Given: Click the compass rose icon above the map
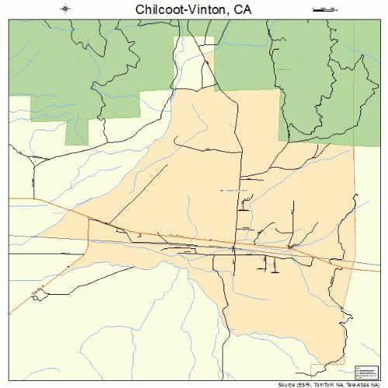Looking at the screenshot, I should click(x=66, y=9).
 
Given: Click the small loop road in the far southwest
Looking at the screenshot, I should click(x=36, y=291).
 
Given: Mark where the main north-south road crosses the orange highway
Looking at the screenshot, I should click(x=235, y=248).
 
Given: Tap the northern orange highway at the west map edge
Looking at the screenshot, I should click(x=10, y=199).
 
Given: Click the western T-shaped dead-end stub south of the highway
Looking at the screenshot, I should click(x=261, y=262).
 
